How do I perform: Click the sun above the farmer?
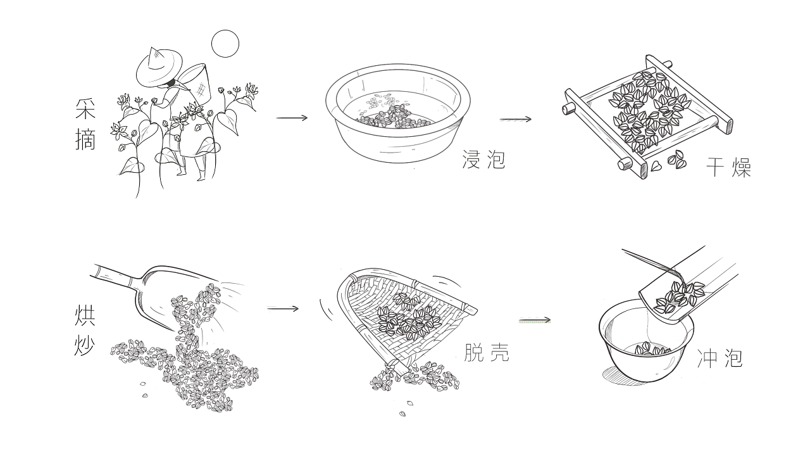click(x=225, y=44)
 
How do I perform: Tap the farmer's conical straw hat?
click(x=159, y=66)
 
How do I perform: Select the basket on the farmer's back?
click(x=196, y=83)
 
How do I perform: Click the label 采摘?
click(x=85, y=124)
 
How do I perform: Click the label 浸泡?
click(x=483, y=159)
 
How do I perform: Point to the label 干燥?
click(x=728, y=167)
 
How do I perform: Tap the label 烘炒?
click(x=85, y=330)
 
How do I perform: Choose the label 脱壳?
click(x=487, y=352)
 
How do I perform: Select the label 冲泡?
click(x=720, y=358)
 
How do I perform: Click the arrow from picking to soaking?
click(x=292, y=118)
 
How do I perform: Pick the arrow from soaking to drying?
click(x=516, y=119)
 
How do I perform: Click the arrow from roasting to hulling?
click(x=283, y=308)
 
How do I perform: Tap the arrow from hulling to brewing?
click(x=535, y=320)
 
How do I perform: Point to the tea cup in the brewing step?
click(x=646, y=341)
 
